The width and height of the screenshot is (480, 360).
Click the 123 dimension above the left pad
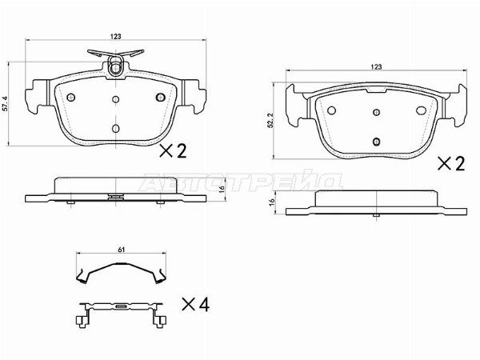(x=116, y=36)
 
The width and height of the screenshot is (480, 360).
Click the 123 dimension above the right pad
(x=377, y=66)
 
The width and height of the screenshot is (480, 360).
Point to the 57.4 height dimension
(x=4, y=104)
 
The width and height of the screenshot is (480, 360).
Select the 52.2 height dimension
(x=269, y=120)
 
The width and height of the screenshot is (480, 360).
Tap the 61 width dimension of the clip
(x=122, y=250)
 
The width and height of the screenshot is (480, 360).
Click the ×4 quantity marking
(x=196, y=305)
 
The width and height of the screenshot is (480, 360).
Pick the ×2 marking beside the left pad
(x=173, y=151)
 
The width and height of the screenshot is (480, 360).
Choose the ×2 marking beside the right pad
(x=451, y=164)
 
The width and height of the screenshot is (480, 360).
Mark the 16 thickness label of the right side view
(x=271, y=202)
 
